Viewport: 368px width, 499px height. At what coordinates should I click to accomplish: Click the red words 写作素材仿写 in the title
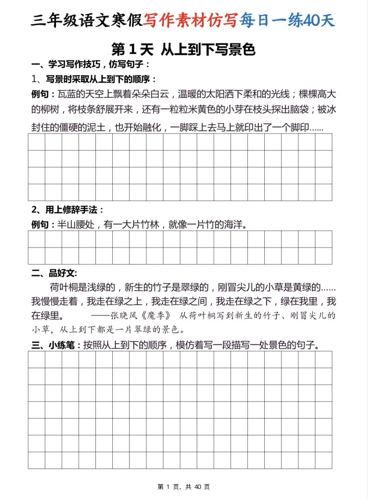click(190, 20)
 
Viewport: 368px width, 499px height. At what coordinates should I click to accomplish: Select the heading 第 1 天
click(133, 50)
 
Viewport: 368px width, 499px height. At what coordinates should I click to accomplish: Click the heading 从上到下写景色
click(208, 50)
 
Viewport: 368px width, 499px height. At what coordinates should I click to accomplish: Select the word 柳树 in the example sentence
click(50, 109)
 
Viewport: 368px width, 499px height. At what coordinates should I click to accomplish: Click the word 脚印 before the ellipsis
click(300, 127)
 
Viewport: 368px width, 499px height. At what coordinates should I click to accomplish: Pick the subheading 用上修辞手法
click(71, 210)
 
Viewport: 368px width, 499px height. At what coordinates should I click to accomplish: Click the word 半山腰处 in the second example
click(76, 225)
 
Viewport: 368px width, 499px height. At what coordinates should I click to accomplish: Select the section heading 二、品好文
click(54, 273)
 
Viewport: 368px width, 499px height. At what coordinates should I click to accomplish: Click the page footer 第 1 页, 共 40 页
click(184, 487)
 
